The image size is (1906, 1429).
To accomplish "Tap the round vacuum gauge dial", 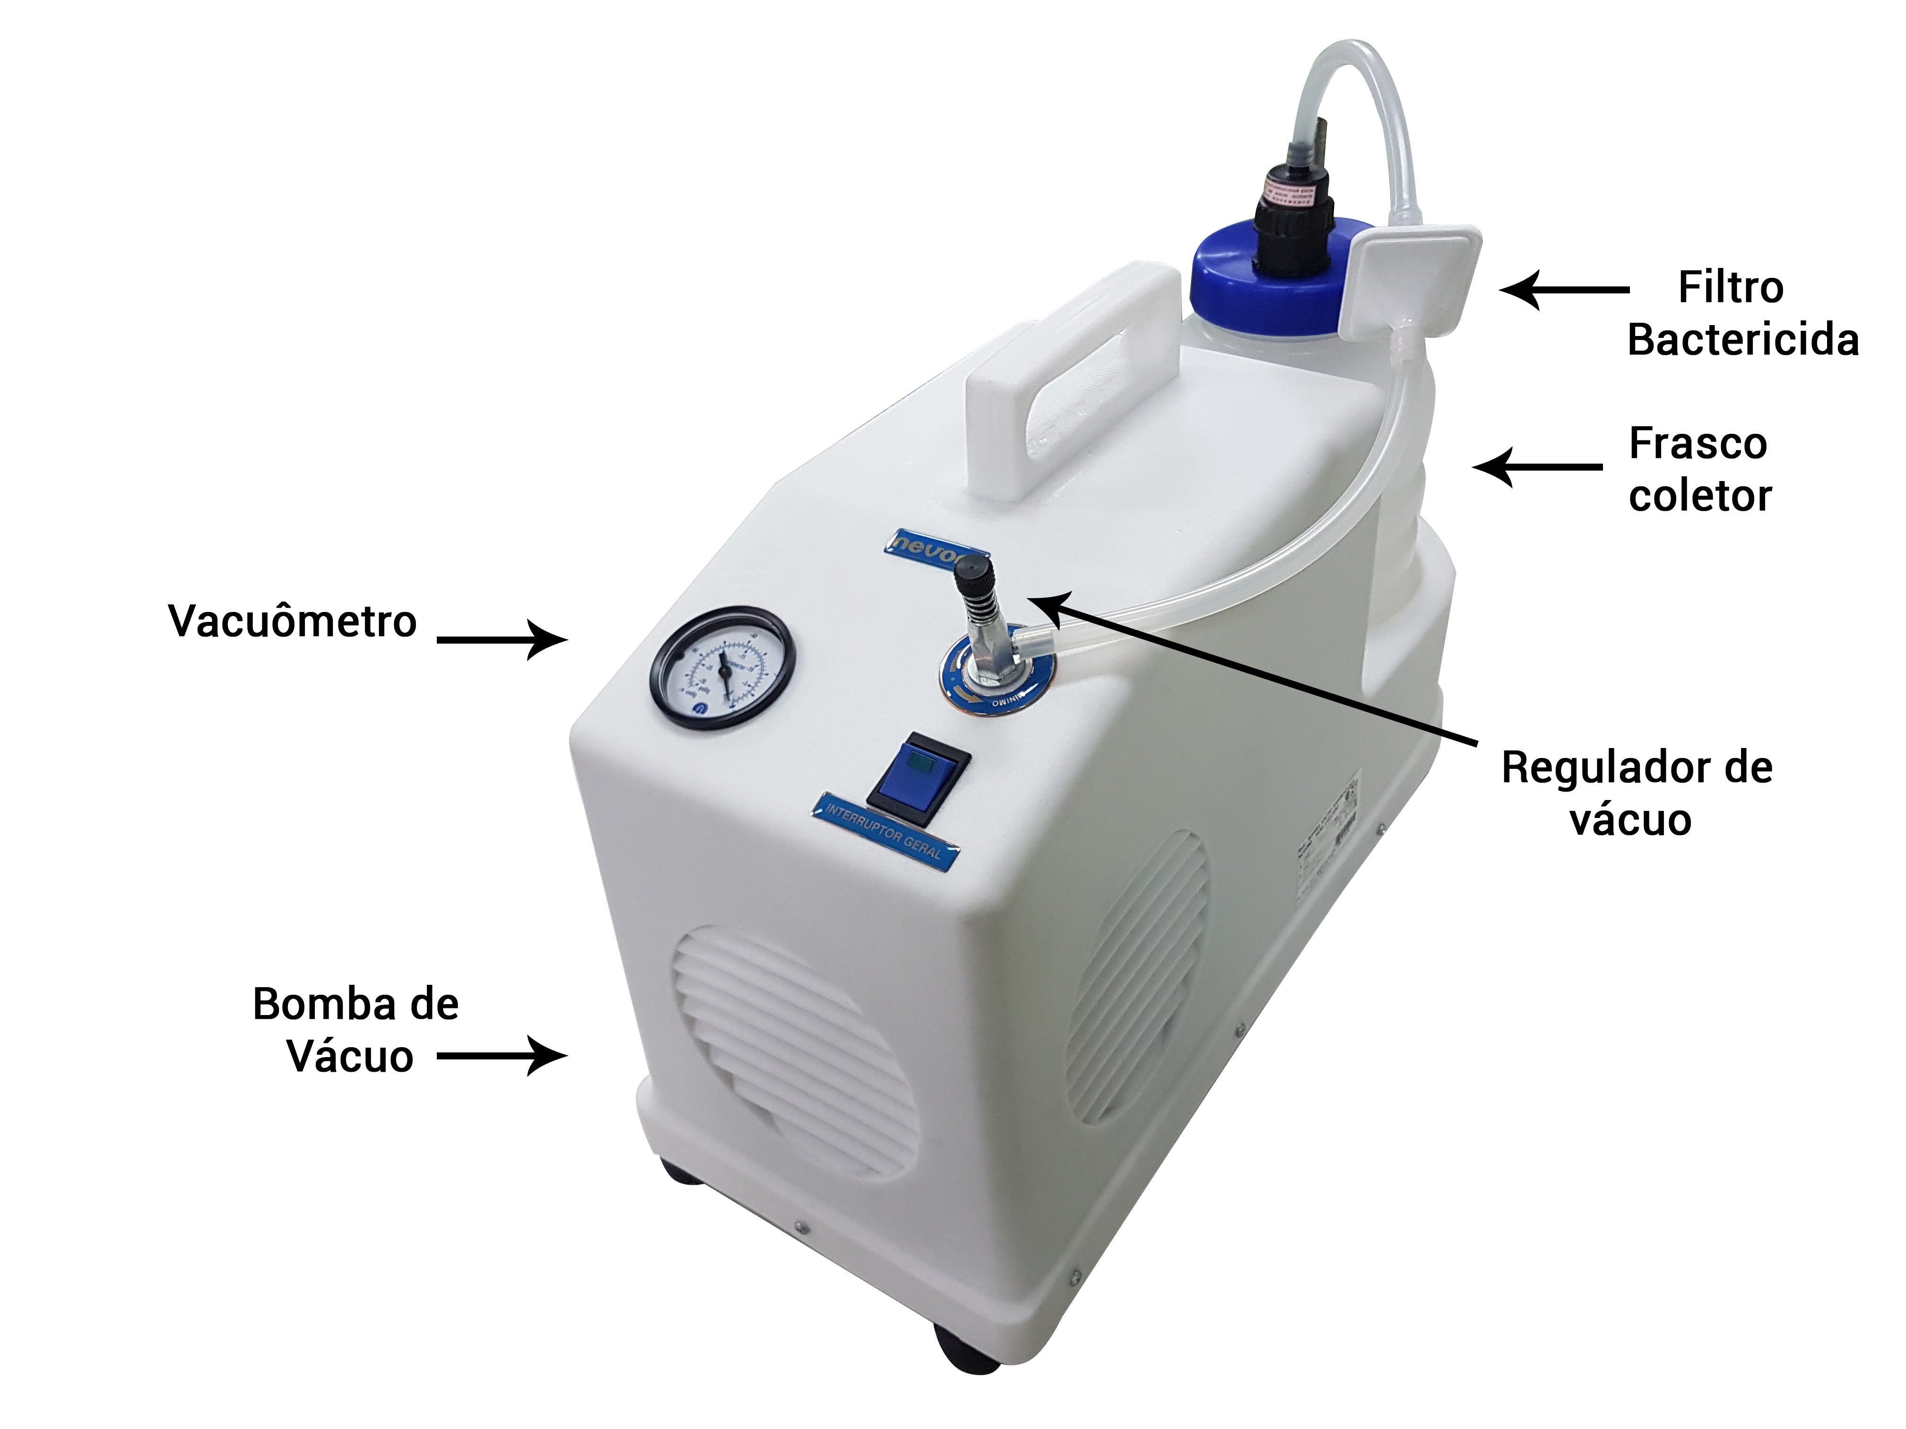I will tap(722, 668).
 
